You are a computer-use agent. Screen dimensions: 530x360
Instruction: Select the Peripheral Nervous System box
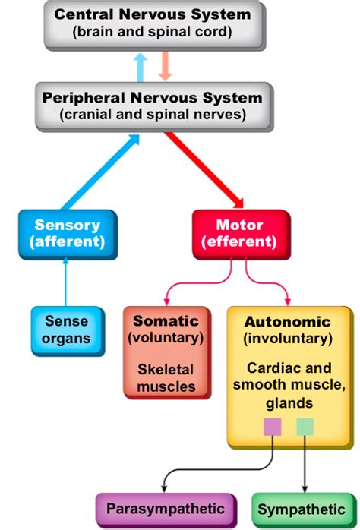click(x=152, y=106)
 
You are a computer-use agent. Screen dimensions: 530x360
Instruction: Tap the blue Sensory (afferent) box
click(x=67, y=234)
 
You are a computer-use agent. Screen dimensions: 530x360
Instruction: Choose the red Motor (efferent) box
click(x=240, y=234)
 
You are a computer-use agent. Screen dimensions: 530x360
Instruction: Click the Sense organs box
click(x=66, y=330)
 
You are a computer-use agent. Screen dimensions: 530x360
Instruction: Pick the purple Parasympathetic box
click(x=165, y=509)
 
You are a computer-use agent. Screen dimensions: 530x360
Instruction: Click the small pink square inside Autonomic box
click(x=272, y=427)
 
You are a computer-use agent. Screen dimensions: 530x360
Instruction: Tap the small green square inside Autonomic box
click(x=305, y=427)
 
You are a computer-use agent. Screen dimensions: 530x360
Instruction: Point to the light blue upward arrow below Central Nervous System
click(x=140, y=68)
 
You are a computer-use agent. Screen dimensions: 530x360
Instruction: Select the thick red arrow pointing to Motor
click(x=205, y=171)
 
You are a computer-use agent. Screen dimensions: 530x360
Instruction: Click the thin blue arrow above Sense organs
click(x=65, y=281)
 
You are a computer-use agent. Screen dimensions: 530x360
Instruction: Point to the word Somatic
click(x=166, y=321)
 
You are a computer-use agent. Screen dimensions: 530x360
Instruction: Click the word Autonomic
click(x=287, y=321)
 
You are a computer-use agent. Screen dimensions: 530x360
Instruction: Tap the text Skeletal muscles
click(x=166, y=377)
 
